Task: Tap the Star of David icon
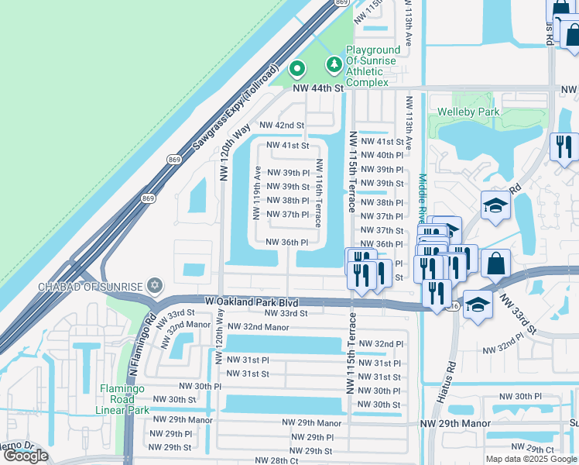(x=155, y=286)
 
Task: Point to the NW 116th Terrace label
(x=318, y=200)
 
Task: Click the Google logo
(x=26, y=456)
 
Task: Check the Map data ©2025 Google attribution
(x=531, y=459)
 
